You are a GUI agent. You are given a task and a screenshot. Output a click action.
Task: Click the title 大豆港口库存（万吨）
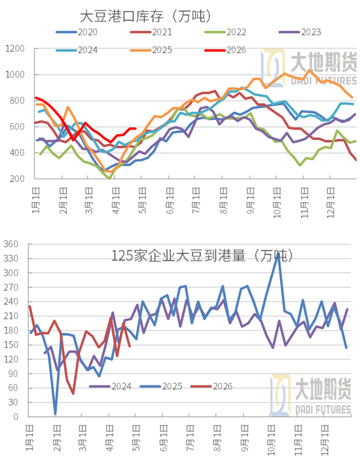pyautogui.click(x=149, y=15)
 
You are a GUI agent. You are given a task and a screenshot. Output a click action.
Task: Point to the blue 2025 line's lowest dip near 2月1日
pyautogui.click(x=55, y=414)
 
